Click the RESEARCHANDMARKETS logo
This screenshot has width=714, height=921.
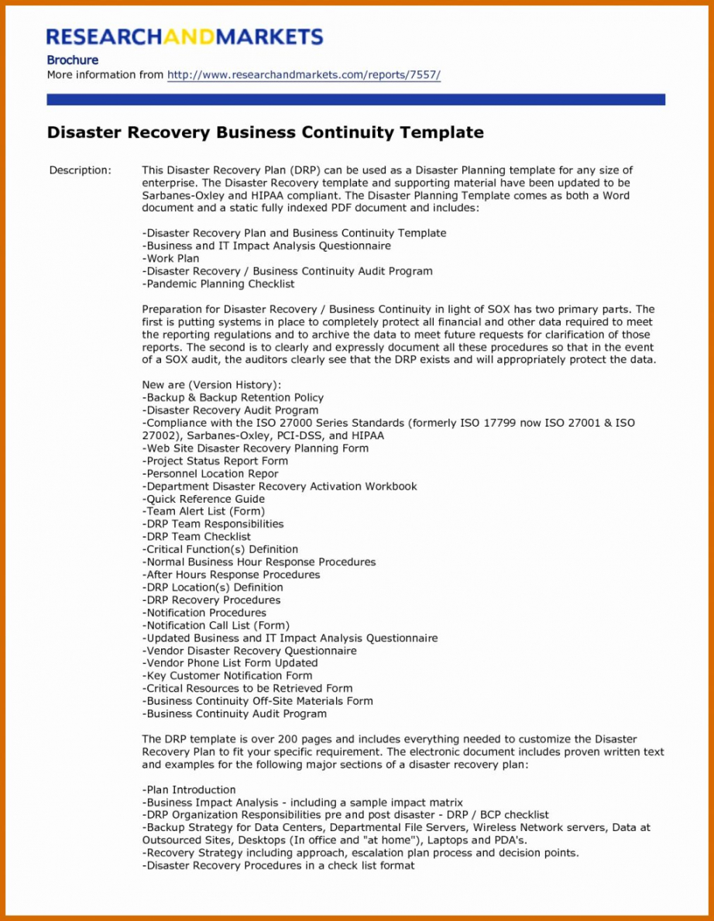tap(184, 36)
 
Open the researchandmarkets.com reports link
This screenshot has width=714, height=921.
tap(304, 75)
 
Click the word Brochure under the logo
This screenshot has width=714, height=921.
tap(72, 60)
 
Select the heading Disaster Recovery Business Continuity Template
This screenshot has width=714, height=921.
tap(265, 132)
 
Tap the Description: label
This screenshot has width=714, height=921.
tap(80, 170)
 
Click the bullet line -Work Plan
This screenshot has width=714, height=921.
tap(170, 259)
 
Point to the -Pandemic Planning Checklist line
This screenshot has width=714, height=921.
tap(218, 284)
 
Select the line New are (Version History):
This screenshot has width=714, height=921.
tap(211, 385)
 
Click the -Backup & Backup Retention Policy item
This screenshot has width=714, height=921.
tap(232, 397)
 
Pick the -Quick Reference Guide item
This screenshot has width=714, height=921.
tap(203, 499)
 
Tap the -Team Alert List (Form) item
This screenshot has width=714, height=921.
tap(203, 511)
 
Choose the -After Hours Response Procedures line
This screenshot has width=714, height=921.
tap(231, 575)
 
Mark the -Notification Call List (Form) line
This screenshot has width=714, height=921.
tap(215, 625)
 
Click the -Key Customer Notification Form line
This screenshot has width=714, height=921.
tap(227, 675)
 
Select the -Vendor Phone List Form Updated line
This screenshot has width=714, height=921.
tap(229, 663)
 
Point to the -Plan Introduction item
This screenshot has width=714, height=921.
tap(189, 790)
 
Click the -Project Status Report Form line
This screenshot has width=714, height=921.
tap(215, 461)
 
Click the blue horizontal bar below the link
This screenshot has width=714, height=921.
tap(355, 100)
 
